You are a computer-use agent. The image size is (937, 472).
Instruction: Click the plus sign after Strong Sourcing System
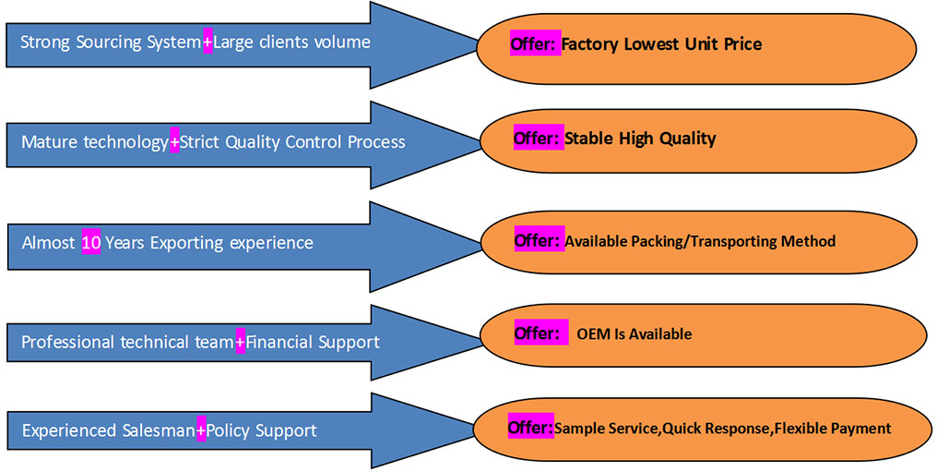(x=208, y=42)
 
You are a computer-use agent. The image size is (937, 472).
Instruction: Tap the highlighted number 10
(x=90, y=243)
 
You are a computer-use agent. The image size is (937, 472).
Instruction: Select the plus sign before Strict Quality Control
(x=174, y=142)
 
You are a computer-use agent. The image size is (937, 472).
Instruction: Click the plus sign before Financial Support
(x=240, y=342)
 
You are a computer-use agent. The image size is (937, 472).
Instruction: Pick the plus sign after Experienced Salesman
(x=201, y=430)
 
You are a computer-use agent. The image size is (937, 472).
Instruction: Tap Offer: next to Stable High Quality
(x=537, y=139)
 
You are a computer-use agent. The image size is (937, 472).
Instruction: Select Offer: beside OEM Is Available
(x=537, y=333)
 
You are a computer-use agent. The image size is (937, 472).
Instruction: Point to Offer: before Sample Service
(x=529, y=428)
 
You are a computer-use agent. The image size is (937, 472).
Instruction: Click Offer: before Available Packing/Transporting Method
(x=537, y=240)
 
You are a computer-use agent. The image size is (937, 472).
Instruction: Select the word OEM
(x=594, y=333)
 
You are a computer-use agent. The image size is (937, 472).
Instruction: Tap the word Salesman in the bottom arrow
(x=159, y=430)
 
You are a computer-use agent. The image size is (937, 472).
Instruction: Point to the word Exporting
(x=187, y=243)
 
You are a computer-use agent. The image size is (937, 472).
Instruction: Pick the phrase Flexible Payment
(x=833, y=429)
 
